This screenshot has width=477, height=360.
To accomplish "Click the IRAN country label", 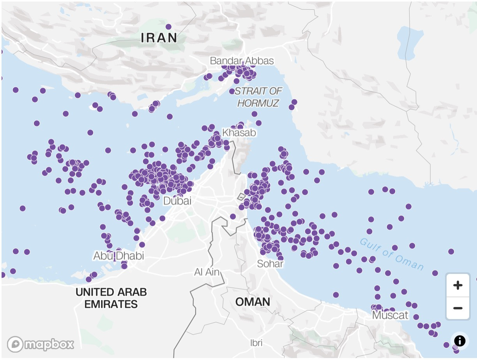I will [159, 38].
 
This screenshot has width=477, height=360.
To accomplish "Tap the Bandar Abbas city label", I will [242, 61].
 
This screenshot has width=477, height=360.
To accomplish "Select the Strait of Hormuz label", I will [258, 97].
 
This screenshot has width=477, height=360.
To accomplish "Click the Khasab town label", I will [239, 133].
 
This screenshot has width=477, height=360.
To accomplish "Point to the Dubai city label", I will [177, 201].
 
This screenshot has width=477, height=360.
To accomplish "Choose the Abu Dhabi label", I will [118, 256].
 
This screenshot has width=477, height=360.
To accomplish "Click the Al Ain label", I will [207, 272].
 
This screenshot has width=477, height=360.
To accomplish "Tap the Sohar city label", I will [270, 264].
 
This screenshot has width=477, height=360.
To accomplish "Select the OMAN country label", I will [253, 302].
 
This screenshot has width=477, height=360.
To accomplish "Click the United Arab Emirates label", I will [111, 298].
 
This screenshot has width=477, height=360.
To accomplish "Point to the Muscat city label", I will [390, 315].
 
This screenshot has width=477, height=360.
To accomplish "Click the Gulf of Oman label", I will [391, 254].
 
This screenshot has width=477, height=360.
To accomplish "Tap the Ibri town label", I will [256, 343].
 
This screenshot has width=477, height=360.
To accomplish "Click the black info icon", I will [460, 341].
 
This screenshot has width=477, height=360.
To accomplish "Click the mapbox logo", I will [41, 344].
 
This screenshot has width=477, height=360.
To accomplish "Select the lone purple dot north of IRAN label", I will [168, 27].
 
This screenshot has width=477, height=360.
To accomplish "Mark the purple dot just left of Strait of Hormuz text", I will [232, 91].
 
